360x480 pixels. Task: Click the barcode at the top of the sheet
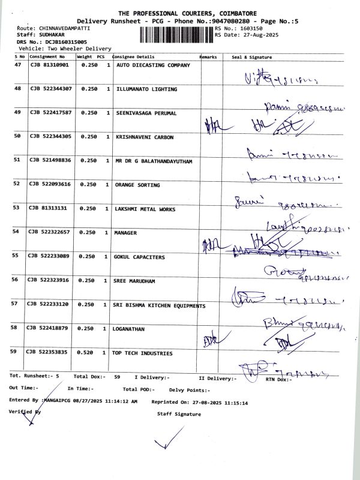[x=176, y=34]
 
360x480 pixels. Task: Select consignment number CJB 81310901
[x=50, y=65]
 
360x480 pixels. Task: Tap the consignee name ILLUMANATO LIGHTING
[x=146, y=89]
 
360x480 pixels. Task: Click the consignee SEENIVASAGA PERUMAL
[x=149, y=113]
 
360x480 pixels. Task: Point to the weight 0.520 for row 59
[x=89, y=353]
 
